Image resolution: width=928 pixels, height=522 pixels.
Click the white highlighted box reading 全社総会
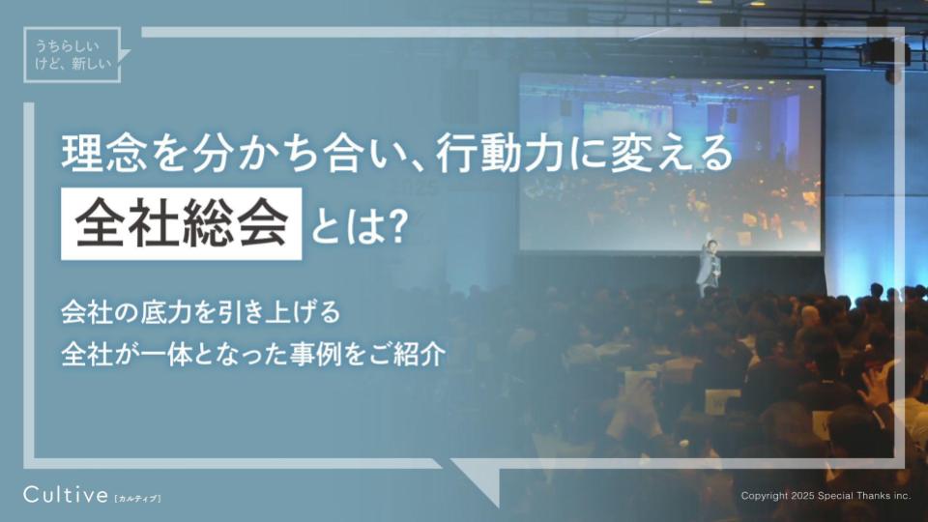click(181, 225)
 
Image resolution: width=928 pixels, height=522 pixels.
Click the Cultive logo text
click(65, 496)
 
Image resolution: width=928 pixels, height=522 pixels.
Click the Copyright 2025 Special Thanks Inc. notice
click(826, 496)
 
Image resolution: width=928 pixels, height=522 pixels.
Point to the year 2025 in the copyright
click(797, 496)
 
